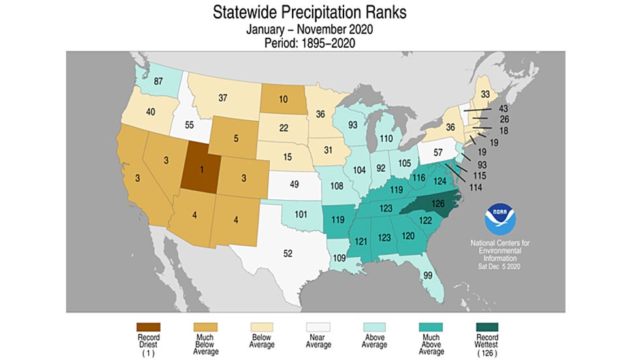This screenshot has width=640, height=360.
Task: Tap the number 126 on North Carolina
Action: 438,204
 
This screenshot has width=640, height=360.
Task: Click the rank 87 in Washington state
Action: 157,82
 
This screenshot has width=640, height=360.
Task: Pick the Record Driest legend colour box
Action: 148,327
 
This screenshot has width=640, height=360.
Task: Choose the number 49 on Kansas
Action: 295,184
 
